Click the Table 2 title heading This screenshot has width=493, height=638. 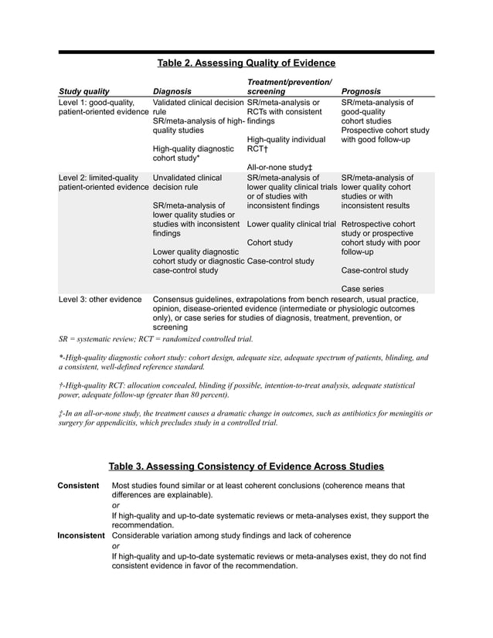[246, 63]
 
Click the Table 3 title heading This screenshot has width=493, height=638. [246, 466]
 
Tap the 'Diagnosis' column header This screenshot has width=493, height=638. [172, 91]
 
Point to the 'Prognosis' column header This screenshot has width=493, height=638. [361, 91]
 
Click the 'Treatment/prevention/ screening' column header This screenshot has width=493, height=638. [289, 87]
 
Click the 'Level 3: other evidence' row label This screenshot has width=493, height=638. [100, 299]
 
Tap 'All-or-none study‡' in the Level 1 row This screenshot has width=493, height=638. [279, 167]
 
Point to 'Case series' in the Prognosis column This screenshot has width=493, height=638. [362, 289]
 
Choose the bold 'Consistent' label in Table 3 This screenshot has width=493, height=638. [78, 486]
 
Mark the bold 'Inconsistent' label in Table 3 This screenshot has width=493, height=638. [81, 535]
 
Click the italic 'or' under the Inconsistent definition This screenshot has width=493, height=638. [116, 545]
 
